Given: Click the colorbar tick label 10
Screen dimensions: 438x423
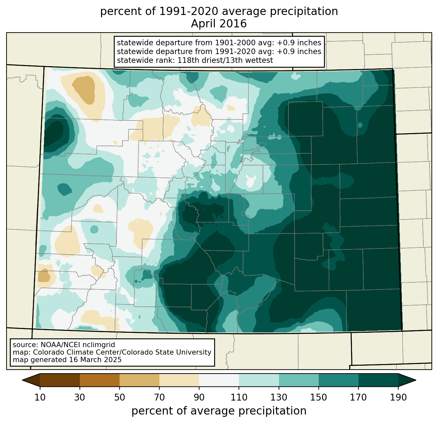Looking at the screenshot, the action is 40,397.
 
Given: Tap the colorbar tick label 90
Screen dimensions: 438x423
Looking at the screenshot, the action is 199,397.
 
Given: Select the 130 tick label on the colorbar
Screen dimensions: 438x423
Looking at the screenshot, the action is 279,397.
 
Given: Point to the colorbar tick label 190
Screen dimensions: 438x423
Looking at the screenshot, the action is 398,397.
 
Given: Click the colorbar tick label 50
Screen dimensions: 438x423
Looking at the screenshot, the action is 120,397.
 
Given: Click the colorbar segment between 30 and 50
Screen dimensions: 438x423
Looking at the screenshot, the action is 99,380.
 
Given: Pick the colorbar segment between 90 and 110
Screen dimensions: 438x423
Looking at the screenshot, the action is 219,380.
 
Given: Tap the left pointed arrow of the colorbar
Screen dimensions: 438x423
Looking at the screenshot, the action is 31,380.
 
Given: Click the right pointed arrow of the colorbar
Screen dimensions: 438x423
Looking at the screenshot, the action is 407,380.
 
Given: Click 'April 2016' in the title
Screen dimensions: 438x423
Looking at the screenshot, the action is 219,24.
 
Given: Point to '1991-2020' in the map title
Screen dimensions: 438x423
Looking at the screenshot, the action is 189,11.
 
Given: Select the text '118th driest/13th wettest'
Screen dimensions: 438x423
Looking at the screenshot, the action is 225,60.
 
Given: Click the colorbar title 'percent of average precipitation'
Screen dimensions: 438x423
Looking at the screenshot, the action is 219,411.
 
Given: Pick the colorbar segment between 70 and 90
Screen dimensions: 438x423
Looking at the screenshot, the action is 179,380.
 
